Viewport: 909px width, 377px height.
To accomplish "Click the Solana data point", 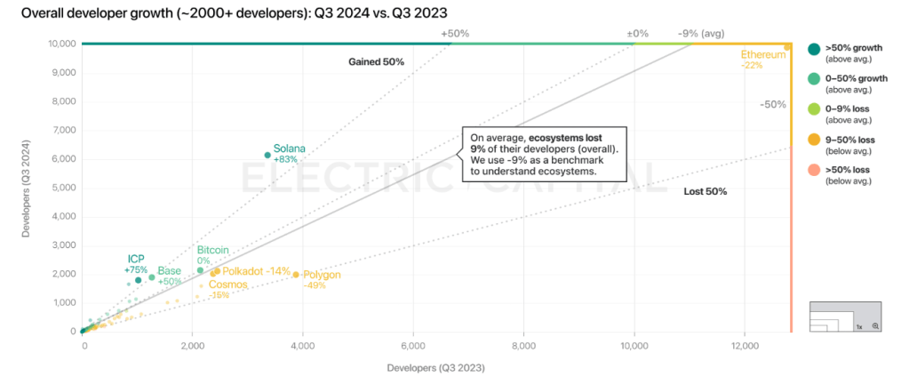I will pos(267,155).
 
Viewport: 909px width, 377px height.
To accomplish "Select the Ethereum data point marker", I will pos(787,46).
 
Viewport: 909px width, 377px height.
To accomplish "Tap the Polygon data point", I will pos(296,275).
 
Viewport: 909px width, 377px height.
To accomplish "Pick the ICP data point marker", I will pos(138,280).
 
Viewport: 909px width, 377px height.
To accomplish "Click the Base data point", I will pos(152,277).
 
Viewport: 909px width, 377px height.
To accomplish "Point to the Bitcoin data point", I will pos(200,270).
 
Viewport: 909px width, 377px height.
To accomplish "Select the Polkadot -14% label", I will pos(256,271).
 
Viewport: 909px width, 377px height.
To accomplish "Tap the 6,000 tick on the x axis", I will pos(413,345).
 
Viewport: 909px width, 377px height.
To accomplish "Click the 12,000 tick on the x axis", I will pos(745,345).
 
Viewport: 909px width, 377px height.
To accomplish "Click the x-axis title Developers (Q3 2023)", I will pos(436,366).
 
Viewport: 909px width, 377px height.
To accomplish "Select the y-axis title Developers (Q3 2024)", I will pos(28,188).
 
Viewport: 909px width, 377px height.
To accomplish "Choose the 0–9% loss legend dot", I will pos(814,109).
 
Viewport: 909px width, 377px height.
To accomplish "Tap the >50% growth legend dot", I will pos(814,49).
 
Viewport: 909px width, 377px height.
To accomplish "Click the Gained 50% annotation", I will pos(376,62).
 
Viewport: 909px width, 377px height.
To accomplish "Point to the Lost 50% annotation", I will pos(706,192).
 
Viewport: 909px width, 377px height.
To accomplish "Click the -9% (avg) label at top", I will pos(702,34).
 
